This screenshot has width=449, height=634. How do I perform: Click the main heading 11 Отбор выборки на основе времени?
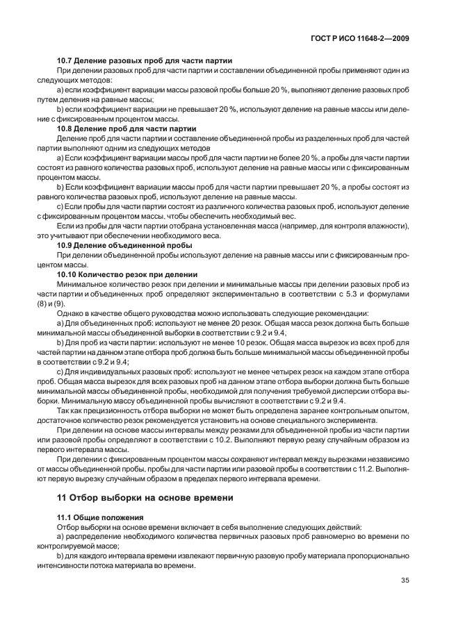pyautogui.click(x=145, y=498)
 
